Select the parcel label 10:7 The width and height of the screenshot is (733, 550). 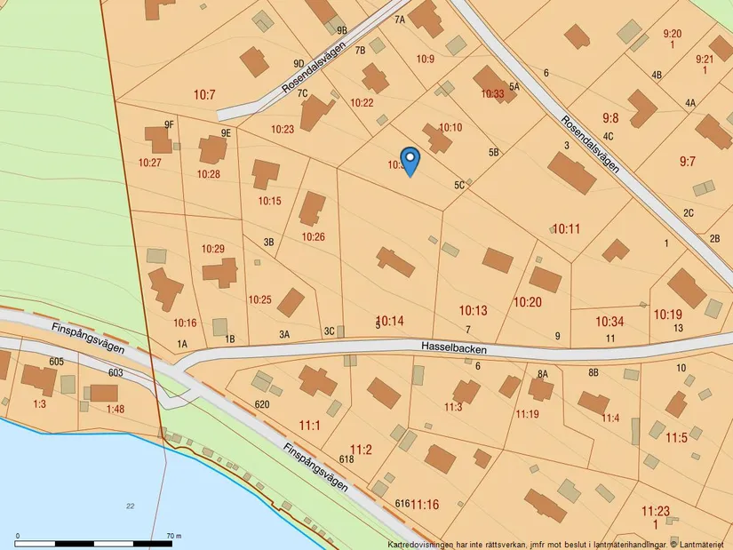[x=204, y=93]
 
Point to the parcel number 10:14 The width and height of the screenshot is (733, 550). [x=390, y=320]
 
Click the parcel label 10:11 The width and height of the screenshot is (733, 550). [x=566, y=229]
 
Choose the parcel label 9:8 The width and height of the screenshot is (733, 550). [x=610, y=117]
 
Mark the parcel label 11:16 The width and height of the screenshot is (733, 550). [x=425, y=505]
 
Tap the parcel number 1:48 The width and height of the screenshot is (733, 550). [x=116, y=409]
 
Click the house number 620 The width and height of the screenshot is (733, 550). [x=261, y=404]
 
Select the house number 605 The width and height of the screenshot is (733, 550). [x=57, y=362]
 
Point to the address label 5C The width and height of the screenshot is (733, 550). [x=459, y=186]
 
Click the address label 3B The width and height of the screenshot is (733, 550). [x=268, y=242]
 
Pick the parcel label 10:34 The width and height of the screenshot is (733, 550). [x=610, y=321]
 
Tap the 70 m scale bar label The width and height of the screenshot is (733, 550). [x=173, y=536]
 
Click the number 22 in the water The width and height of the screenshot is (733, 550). [x=131, y=506]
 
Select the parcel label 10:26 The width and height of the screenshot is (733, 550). [x=313, y=237]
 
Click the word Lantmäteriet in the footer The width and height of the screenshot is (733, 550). [x=704, y=544]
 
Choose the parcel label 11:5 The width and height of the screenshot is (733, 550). [x=676, y=438]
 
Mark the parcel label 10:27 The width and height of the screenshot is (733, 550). [x=150, y=163]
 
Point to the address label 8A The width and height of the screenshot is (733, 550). [x=543, y=375]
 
